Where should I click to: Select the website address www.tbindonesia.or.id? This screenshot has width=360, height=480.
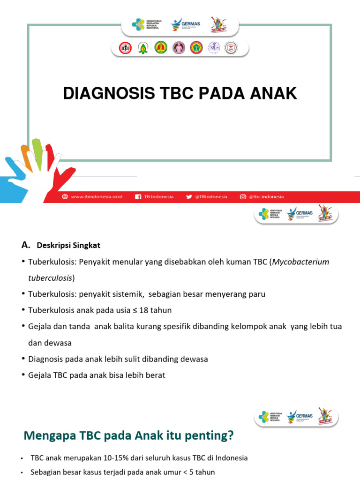97,197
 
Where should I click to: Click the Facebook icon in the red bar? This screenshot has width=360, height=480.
138,197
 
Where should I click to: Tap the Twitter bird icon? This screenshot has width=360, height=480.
189,197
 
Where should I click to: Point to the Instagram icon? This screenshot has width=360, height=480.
243,197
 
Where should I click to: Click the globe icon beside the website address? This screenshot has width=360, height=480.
65,197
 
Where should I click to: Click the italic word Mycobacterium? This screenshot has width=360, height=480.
301,262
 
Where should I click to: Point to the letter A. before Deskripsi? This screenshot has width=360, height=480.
26,245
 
